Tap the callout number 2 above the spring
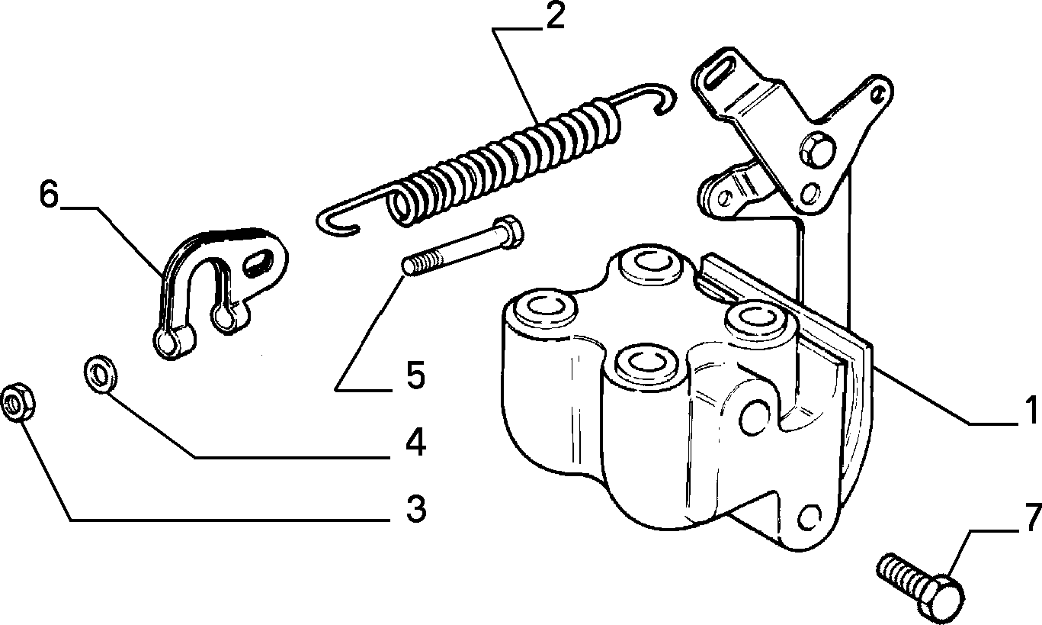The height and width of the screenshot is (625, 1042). [x=555, y=17]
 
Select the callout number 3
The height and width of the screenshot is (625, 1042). [x=416, y=509]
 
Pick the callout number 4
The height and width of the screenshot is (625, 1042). [x=416, y=442]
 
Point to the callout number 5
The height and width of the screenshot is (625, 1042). [x=416, y=375]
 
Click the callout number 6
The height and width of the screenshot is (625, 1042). [x=50, y=194]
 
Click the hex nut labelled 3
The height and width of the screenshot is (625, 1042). [x=18, y=402]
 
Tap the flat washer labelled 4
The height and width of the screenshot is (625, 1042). [x=101, y=374]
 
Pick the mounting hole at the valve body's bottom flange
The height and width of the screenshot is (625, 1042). [x=809, y=516]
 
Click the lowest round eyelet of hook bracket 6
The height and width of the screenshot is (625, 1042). [x=166, y=343]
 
